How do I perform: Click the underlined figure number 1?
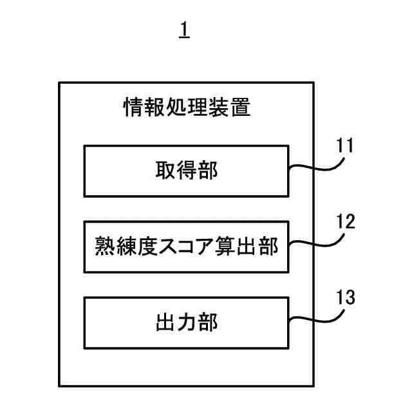(x=185, y=30)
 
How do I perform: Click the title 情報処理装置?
(x=186, y=106)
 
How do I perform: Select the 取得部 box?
(x=186, y=171)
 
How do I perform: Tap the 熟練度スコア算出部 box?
(x=186, y=247)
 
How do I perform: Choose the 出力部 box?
(x=186, y=322)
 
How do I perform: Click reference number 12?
(x=346, y=221)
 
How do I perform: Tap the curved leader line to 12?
(x=315, y=245)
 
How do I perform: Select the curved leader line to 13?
(x=315, y=320)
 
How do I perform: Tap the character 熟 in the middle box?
(x=105, y=247)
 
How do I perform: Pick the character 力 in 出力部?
(x=186, y=322)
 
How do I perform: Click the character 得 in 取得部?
(x=186, y=171)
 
